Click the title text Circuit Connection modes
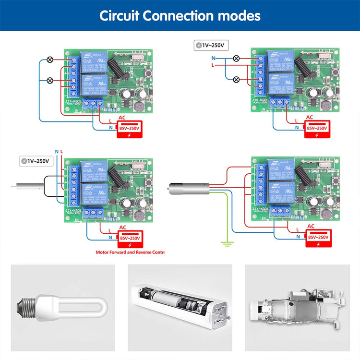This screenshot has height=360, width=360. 180,15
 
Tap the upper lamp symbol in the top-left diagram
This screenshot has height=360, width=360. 49,60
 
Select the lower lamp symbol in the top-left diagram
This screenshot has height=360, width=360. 49,80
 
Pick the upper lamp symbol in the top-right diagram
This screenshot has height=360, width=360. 236,59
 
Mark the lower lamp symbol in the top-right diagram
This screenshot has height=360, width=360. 236,79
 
